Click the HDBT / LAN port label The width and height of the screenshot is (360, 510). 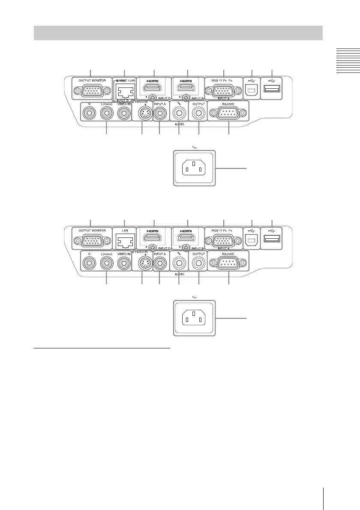pos(124,80)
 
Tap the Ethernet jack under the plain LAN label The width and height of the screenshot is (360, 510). pos(123,243)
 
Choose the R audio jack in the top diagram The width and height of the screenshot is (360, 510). pos(90,114)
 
